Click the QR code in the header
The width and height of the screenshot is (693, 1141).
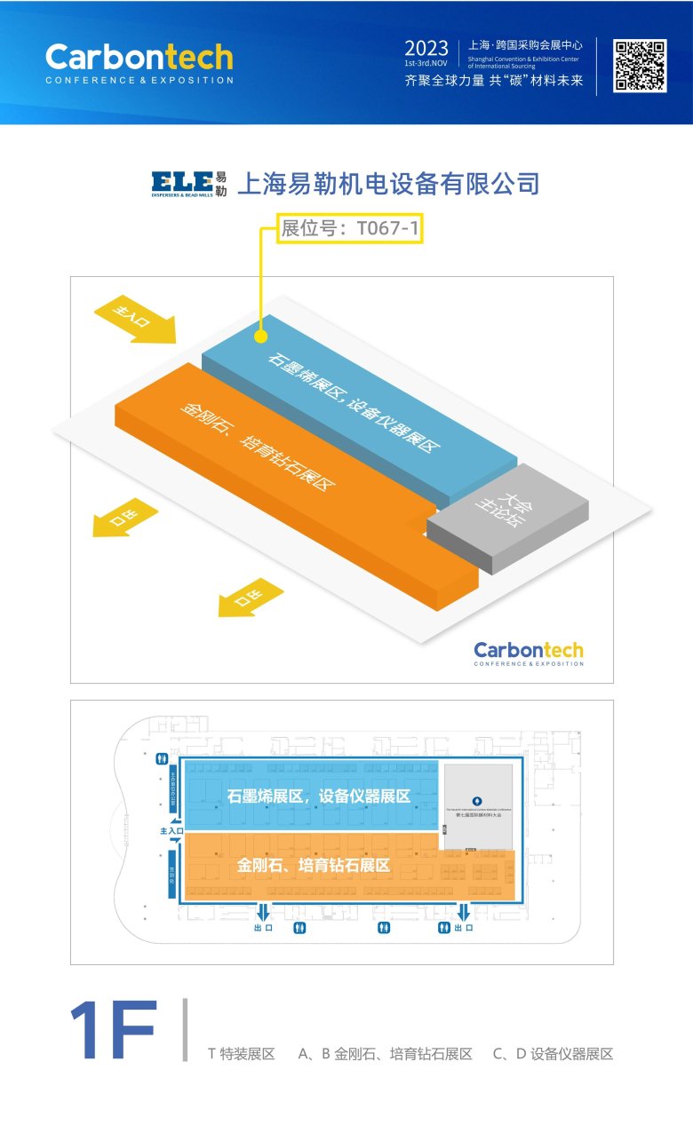pos(640,66)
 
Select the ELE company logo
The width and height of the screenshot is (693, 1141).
pos(189,183)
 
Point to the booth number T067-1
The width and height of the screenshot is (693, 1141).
pos(349,229)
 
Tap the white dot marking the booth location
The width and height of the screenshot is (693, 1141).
pos(260,337)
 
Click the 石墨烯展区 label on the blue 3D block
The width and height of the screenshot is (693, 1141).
pos(355,399)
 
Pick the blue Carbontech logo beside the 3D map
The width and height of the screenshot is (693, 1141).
pos(529,654)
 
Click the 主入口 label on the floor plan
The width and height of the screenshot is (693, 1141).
pos(171,831)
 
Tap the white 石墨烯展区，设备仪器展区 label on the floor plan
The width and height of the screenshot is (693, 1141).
pos(319,796)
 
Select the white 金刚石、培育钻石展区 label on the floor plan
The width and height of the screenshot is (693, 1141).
pos(314,864)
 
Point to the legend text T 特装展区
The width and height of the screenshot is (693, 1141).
pos(241,1054)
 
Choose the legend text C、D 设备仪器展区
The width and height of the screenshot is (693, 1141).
pos(553,1054)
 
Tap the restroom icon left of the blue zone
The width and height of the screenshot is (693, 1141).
pos(162,759)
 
